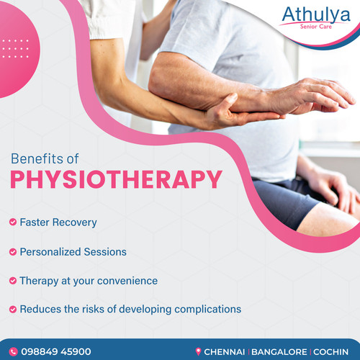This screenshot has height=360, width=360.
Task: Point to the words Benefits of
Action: (x=45, y=158)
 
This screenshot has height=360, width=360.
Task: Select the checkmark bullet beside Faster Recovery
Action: (x=12, y=222)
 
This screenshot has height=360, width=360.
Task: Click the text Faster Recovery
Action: (x=58, y=222)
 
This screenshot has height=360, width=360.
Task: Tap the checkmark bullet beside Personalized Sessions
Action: (x=12, y=252)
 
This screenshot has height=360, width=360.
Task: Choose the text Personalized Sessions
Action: (x=73, y=252)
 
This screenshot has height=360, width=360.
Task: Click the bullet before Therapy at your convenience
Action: (x=12, y=280)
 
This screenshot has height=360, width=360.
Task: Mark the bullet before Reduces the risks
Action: (x=12, y=309)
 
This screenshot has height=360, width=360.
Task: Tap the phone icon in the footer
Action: (x=14, y=351)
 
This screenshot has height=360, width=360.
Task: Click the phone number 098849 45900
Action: (x=56, y=351)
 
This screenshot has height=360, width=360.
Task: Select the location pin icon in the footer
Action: (x=198, y=351)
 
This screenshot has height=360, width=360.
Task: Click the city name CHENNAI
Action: (x=225, y=351)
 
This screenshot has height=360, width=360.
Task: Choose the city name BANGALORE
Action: (x=281, y=351)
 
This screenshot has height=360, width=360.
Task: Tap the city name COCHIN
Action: (x=332, y=351)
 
